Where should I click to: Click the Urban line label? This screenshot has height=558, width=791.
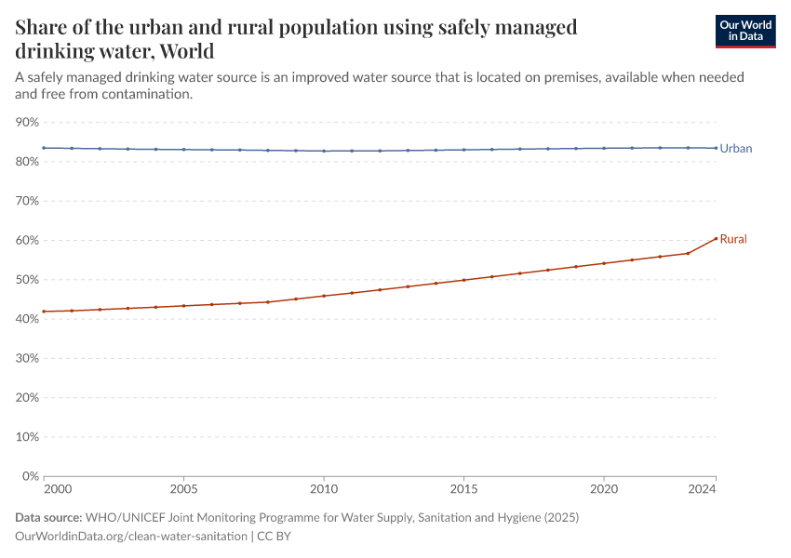pos(735,148)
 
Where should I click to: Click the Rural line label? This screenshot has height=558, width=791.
pos(732,239)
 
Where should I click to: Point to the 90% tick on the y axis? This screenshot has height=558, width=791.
pos(28,123)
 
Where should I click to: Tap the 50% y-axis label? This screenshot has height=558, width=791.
pos(28,280)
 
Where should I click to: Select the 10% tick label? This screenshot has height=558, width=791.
pos(28,437)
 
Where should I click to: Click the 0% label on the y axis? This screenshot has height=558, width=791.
pos(31,476)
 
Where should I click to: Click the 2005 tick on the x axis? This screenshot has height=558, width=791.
pos(183,487)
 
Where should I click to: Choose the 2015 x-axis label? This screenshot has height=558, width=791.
pos(463,487)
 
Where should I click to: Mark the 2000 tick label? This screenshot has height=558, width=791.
pos(56,487)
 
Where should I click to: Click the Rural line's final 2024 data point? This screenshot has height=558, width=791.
pos(716,238)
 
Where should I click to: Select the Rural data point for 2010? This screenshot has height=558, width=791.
pos(324,296)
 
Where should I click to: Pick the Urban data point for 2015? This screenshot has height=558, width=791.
pos(463,150)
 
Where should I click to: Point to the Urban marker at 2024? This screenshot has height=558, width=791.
pos(716,148)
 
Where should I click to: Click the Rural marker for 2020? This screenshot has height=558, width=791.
pos(604,263)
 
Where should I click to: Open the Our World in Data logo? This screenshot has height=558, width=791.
pos(744,31)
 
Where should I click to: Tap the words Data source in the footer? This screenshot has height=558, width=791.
pos(47,517)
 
